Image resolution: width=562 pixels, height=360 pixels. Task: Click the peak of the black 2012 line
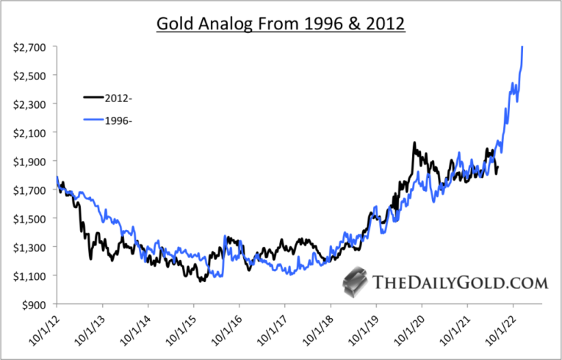(x=414, y=143)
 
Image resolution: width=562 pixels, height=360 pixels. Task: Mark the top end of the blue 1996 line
(x=522, y=47)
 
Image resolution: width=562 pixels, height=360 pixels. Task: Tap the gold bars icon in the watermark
(x=356, y=281)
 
